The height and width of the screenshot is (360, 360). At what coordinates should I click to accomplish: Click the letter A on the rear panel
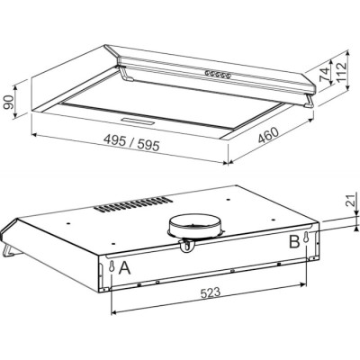[x=124, y=268]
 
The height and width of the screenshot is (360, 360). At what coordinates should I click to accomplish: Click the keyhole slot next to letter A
[x=111, y=268]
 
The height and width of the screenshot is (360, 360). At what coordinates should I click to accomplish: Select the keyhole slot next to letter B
[x=308, y=238]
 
